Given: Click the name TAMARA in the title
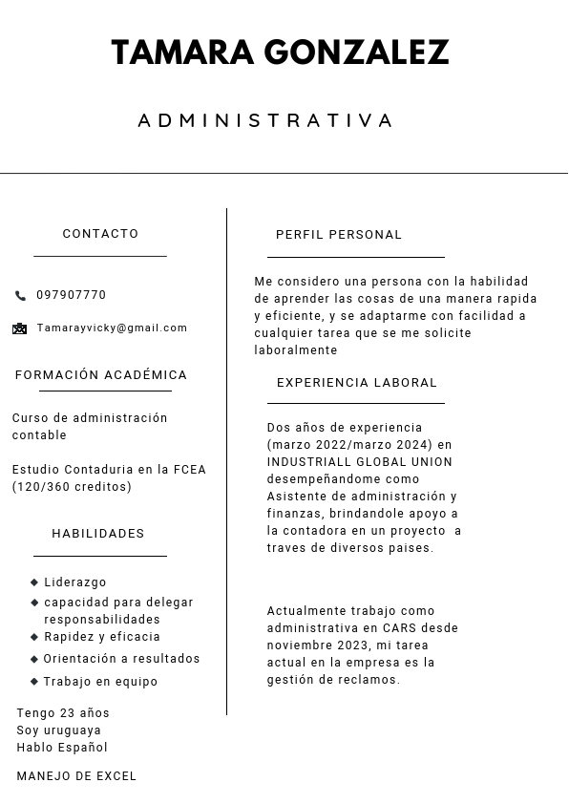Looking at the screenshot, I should [182, 53].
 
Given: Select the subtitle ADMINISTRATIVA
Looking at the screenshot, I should [265, 120].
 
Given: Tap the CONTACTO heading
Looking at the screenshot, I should [100, 234].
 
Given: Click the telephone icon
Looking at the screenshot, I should [21, 296].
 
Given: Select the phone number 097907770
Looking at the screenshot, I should [72, 296].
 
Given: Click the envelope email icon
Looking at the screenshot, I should [20, 328].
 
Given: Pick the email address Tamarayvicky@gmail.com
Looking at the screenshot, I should [112, 328].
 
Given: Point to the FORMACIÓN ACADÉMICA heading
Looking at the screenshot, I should [101, 375].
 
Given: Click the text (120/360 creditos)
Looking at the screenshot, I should [72, 487].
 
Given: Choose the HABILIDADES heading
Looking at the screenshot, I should [98, 534].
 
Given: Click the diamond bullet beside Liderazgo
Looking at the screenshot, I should [34, 582].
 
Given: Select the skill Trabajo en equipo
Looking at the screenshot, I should [100, 682].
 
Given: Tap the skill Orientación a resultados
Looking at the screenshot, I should [121, 659].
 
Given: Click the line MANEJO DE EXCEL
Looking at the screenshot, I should [76, 776].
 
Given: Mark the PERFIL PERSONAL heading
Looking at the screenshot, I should [339, 235].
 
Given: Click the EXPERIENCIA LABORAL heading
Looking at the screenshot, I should [357, 383].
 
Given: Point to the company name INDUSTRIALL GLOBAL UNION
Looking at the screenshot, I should [360, 462].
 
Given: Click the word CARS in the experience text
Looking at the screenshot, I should [399, 628].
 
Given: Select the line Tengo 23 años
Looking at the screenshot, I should [63, 713].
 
